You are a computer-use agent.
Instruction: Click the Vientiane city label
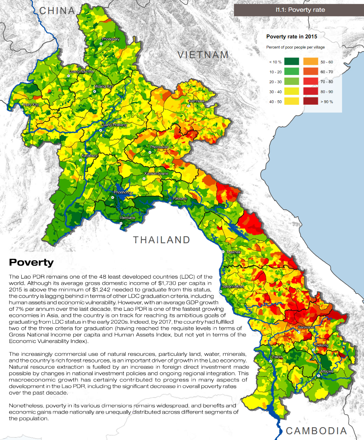pos(127,218)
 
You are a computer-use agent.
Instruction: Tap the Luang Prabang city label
pos(114,125)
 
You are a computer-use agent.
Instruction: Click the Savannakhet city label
pos(233,286)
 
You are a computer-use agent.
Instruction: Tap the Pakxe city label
pos(277,357)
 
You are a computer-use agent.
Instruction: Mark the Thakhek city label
pos(233,252)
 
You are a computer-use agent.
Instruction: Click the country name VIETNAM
pos(203,55)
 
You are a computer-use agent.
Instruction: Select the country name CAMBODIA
pos(316,431)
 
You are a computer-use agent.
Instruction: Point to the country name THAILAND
pos(161,240)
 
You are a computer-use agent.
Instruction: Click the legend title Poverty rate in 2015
pos(291,37)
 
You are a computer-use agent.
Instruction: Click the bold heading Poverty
pos(31,262)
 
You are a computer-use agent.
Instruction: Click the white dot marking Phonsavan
pos(150,152)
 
